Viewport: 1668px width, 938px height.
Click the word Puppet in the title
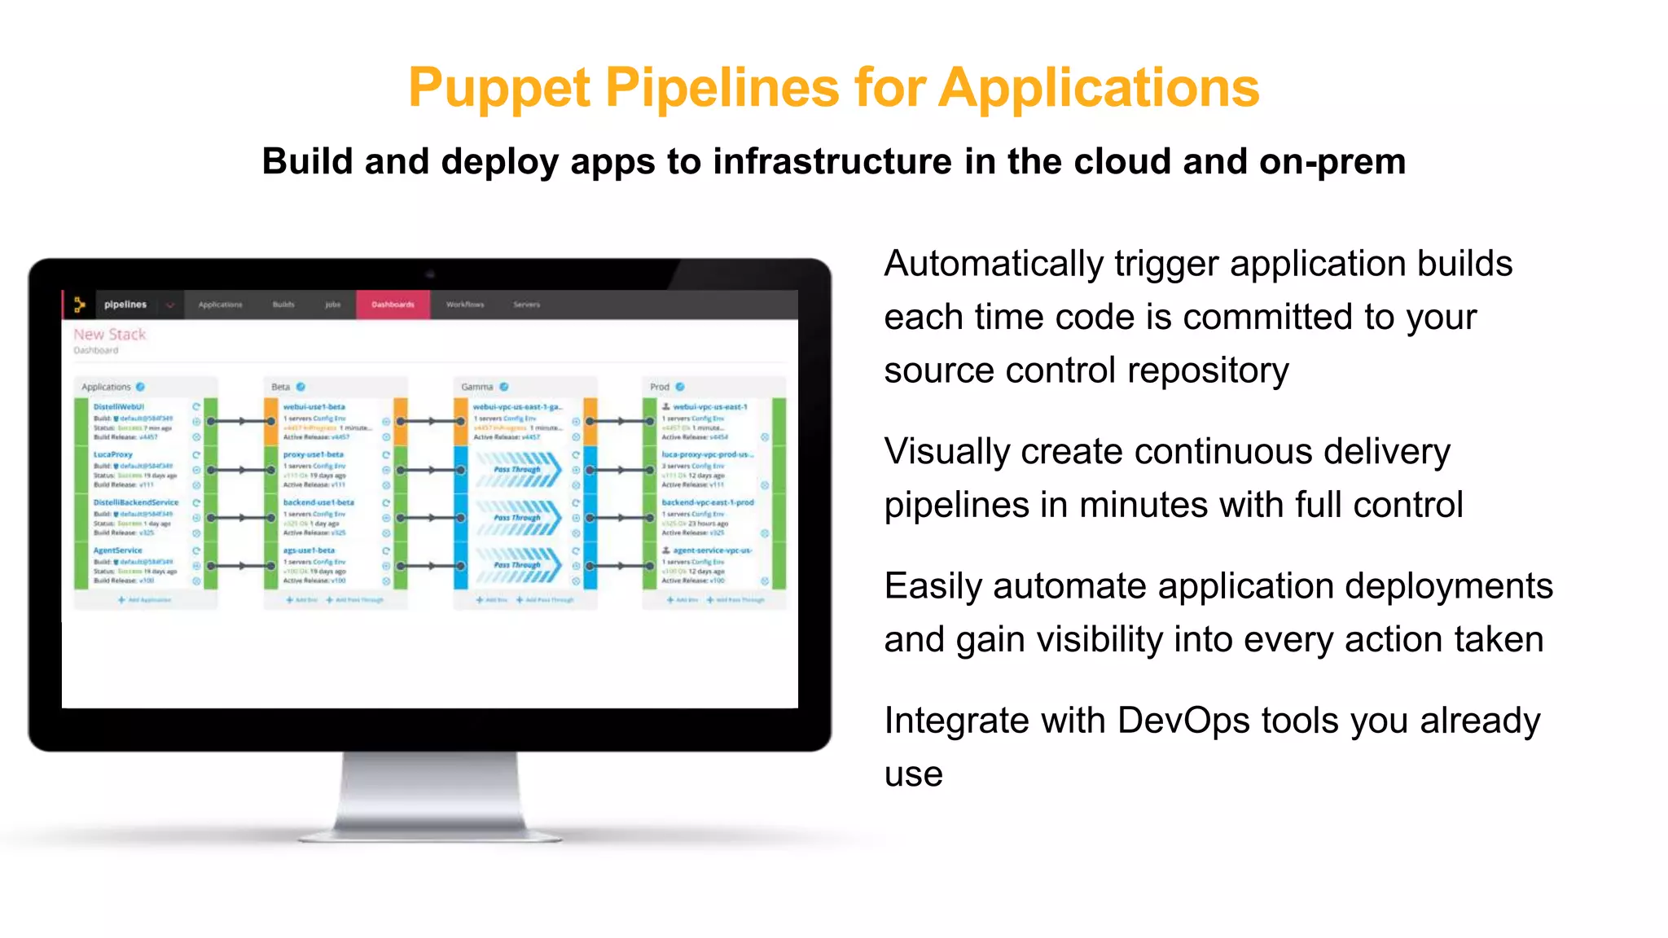click(498, 88)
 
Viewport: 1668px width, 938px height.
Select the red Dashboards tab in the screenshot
click(393, 305)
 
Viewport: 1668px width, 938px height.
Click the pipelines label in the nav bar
click(125, 305)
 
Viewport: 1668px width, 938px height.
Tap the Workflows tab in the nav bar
click(464, 305)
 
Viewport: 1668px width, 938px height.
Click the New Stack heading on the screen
click(109, 335)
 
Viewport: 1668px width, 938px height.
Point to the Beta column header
click(281, 387)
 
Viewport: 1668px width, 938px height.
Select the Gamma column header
click(477, 387)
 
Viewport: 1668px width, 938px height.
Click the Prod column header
click(660, 387)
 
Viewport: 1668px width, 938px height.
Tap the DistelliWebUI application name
click(119, 406)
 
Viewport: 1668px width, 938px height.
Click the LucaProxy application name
click(112, 454)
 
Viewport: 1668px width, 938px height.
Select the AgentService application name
click(117, 550)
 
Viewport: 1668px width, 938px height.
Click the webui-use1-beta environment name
click(314, 406)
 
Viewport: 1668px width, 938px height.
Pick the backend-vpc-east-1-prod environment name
click(707, 502)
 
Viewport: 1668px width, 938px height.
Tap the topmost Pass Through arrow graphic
click(519, 470)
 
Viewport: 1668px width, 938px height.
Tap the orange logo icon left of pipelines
click(79, 305)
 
